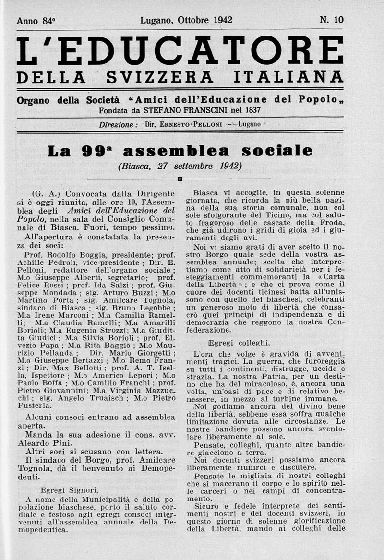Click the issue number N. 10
tap(331, 20)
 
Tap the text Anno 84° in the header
tap(36, 21)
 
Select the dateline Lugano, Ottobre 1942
tap(186, 20)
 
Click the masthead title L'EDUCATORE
tap(180, 51)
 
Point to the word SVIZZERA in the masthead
tap(159, 77)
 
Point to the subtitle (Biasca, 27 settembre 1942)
tap(180, 166)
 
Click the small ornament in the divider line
tap(180, 179)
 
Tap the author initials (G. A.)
tap(46, 194)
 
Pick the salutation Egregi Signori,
tap(69, 490)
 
